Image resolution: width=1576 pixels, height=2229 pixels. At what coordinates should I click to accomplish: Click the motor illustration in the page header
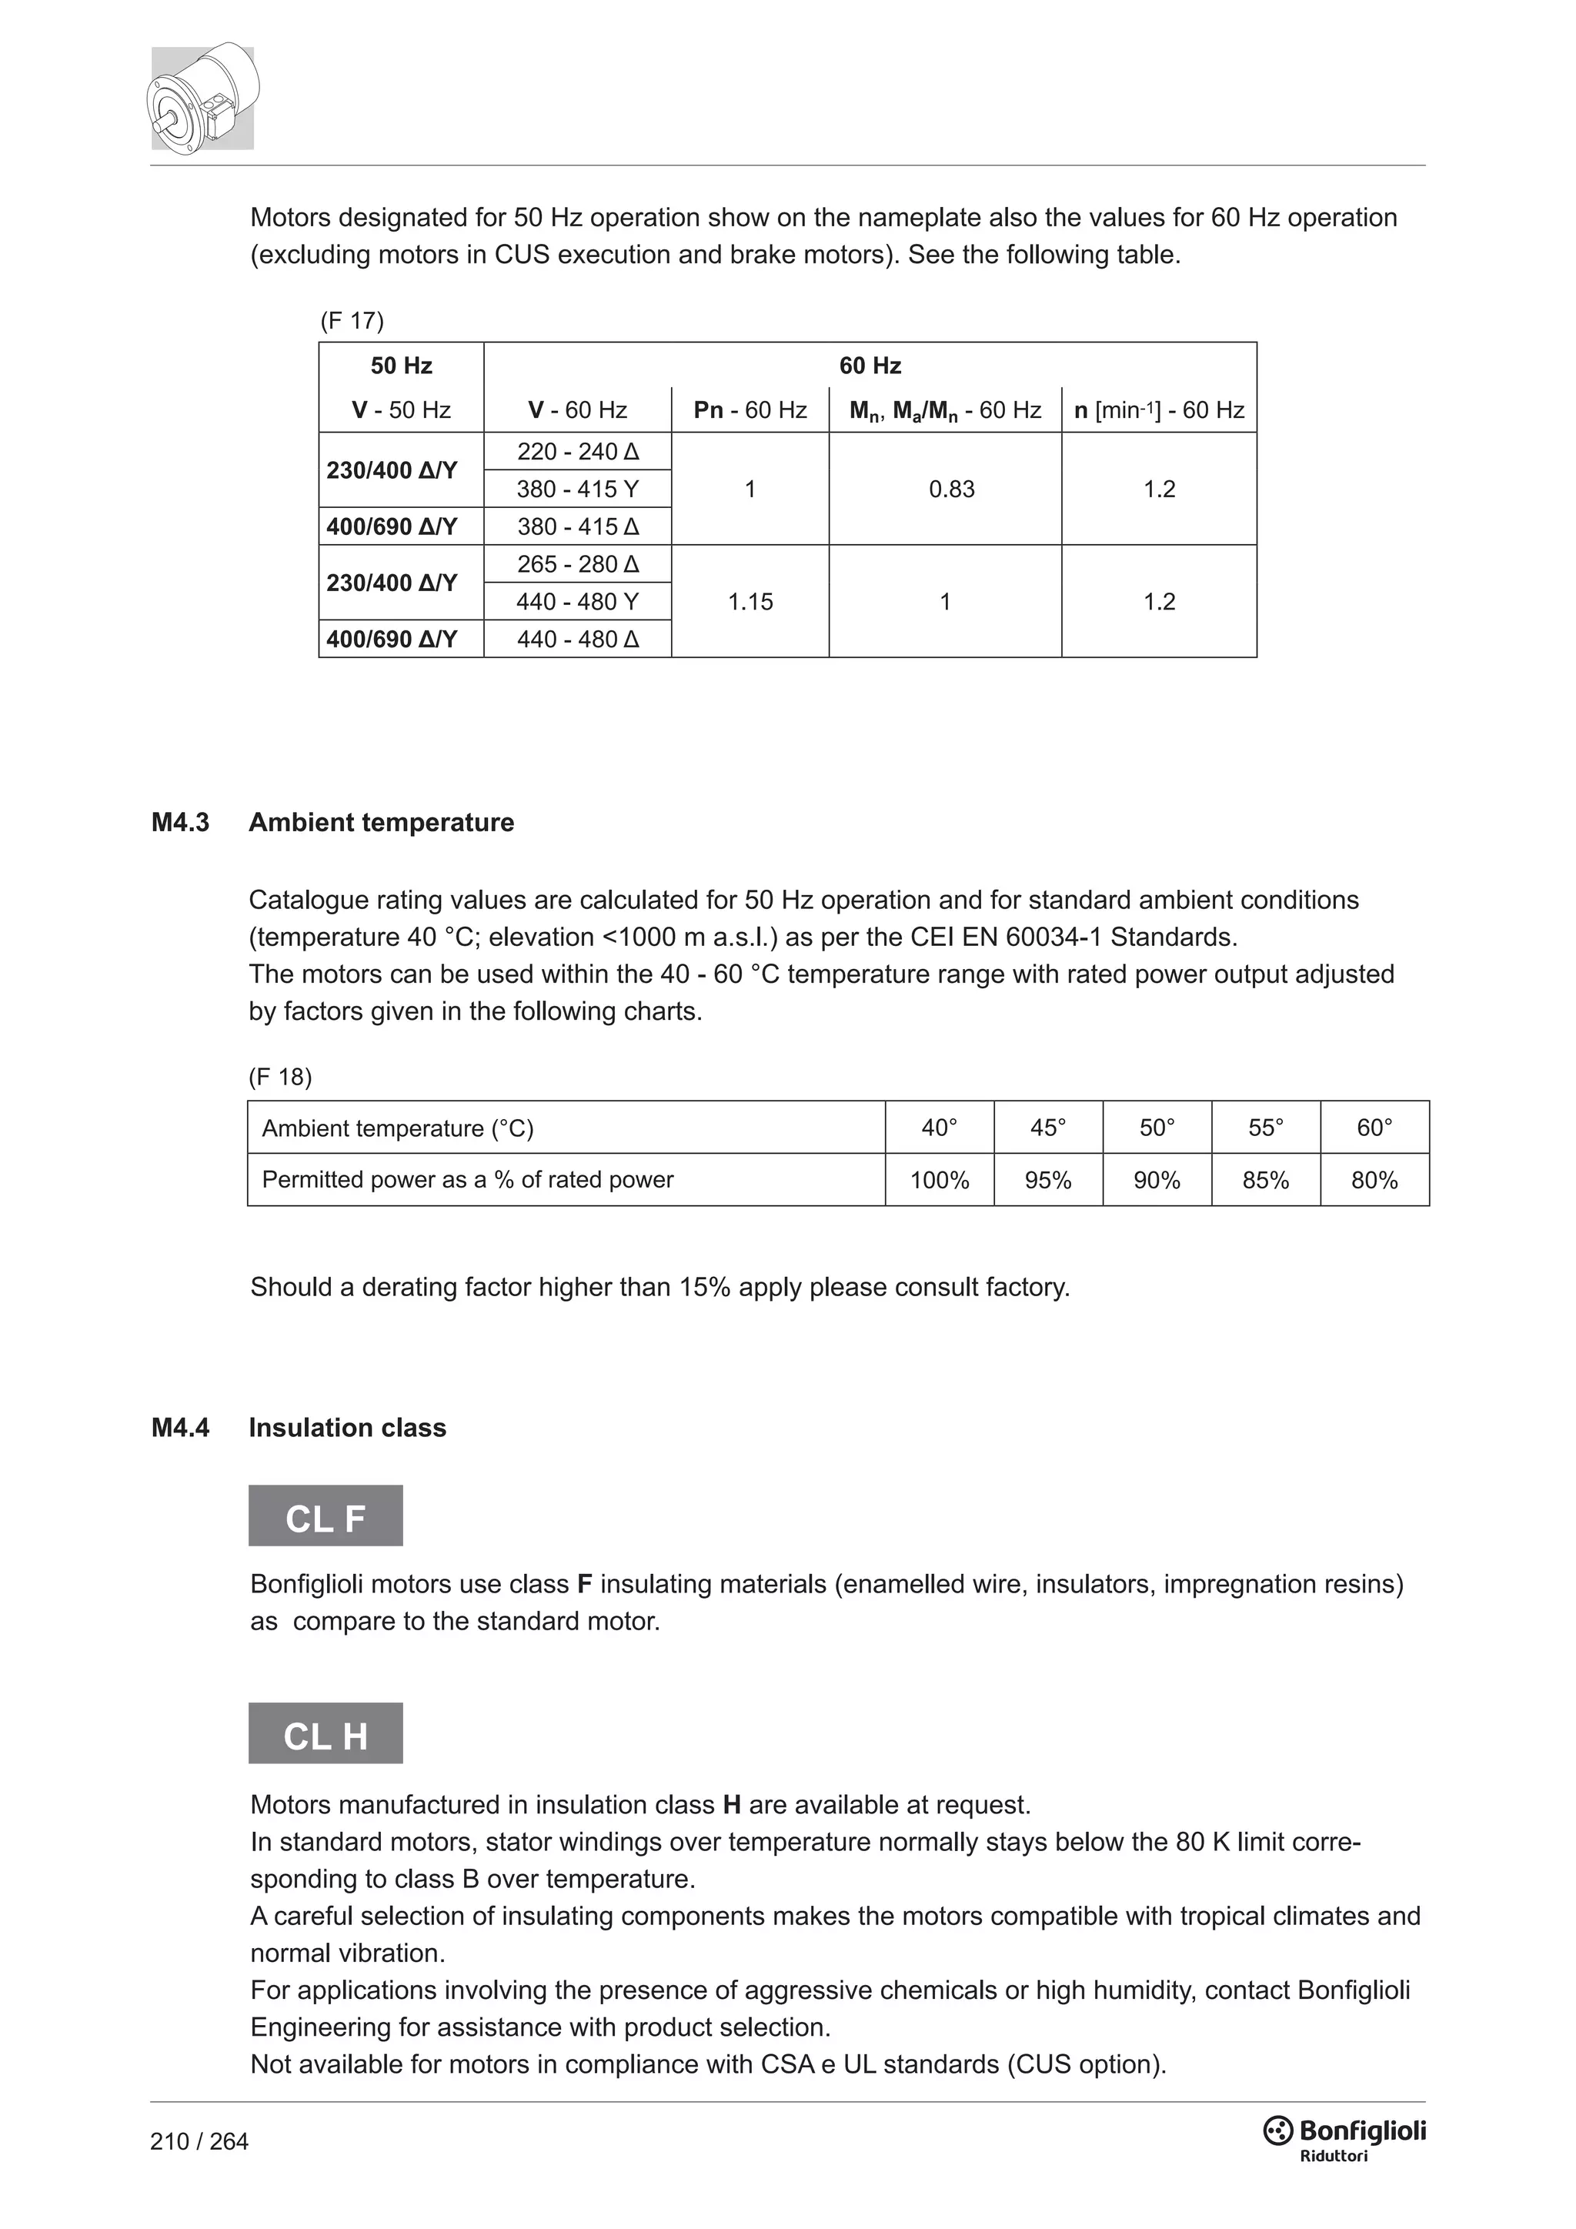203,97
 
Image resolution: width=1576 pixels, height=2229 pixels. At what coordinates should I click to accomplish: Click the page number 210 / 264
199,2140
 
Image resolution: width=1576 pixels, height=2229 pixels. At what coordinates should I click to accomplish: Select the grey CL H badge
325,1736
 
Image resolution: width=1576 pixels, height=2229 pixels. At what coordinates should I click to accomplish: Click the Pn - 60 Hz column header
750,409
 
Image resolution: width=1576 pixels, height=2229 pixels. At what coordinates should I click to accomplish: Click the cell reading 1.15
750,601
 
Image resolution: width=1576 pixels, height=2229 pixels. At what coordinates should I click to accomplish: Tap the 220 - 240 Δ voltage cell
577,452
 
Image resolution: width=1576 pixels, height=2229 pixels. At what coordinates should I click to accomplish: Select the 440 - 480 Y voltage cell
577,601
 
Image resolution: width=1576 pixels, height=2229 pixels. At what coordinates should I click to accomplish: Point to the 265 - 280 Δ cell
577,564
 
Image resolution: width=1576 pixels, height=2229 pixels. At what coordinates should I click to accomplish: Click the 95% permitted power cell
1048,1180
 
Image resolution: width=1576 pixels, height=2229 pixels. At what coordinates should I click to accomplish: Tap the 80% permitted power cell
1374,1180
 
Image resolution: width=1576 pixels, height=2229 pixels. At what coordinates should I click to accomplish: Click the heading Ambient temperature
382,822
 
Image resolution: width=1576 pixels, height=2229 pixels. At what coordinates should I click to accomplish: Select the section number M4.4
181,1427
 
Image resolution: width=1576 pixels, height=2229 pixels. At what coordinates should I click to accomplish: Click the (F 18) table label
280,1076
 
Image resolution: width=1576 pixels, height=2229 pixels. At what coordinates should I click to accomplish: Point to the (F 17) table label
352,320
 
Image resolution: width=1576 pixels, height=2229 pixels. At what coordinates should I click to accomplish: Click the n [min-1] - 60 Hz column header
1159,409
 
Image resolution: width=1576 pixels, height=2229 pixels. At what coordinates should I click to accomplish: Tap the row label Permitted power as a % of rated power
468,1180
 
